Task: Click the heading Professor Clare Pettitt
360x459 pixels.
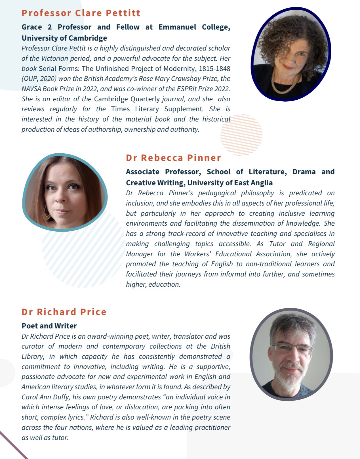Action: (x=81, y=13)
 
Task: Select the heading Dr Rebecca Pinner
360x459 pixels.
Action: (x=173, y=158)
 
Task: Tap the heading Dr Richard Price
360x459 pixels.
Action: (x=64, y=312)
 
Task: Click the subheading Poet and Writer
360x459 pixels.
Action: (x=49, y=326)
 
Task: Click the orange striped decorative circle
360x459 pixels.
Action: (x=241, y=135)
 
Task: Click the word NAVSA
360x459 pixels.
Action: (x=31, y=89)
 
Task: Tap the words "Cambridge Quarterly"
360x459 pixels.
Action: (x=127, y=99)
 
